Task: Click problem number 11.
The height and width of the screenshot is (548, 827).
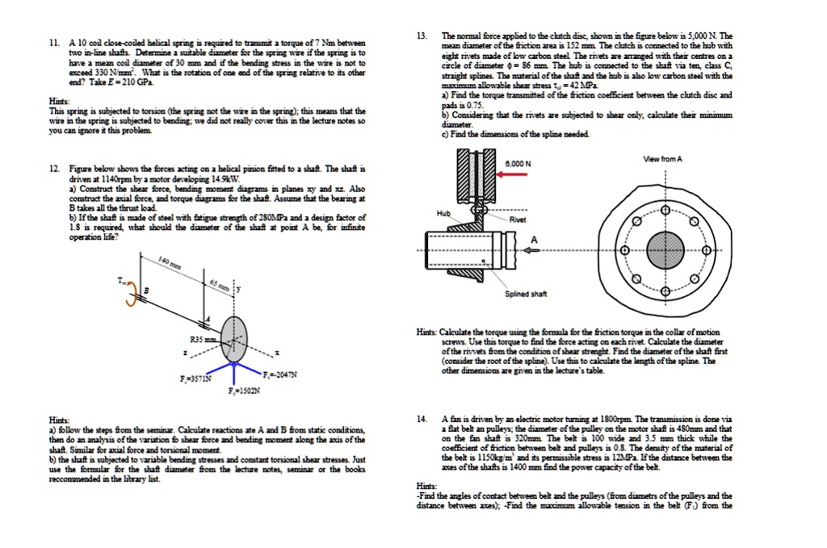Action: [54, 43]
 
